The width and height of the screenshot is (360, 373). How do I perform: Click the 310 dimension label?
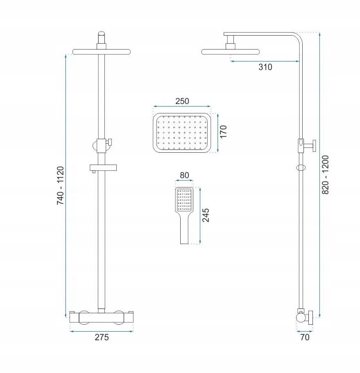pos(265,67)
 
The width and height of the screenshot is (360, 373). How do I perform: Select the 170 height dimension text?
pos(223,132)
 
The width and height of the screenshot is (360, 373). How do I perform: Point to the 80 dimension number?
pos(184,175)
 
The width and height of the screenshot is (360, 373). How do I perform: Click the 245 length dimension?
pos(206,215)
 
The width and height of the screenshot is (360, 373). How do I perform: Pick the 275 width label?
pos(102,337)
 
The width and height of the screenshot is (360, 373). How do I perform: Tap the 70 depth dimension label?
pos(305,337)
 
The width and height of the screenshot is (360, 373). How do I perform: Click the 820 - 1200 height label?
pos(326,175)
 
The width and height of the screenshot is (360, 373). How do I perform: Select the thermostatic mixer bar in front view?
pos(101,317)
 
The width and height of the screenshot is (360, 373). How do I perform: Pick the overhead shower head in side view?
pos(231,51)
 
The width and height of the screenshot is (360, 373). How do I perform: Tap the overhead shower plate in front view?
pos(102,52)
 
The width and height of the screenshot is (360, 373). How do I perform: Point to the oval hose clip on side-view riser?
pos(302,167)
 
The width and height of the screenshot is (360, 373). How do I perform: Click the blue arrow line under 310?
pos(265,61)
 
